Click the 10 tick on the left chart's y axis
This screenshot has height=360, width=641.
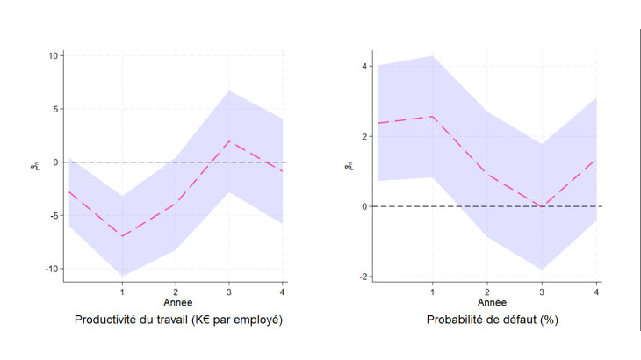[x=53, y=56]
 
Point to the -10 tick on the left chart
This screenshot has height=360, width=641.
[x=51, y=269]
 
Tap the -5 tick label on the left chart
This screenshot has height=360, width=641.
[x=54, y=216]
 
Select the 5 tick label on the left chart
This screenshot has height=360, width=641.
[x=54, y=110]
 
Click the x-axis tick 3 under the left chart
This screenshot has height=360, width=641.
[x=229, y=291]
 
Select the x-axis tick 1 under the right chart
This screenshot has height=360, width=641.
[x=433, y=291]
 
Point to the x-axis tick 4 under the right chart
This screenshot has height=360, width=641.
[x=597, y=291]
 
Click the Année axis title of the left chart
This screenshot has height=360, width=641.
[x=177, y=302]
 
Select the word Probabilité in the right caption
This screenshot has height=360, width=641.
[x=457, y=320]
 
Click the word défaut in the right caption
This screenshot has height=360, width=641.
[x=523, y=320]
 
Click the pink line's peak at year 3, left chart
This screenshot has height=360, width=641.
[x=229, y=140]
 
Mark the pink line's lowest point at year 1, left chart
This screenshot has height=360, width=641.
[x=122, y=236]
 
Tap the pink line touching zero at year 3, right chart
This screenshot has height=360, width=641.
[x=543, y=206]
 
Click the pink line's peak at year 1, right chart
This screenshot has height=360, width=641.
[x=433, y=117]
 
